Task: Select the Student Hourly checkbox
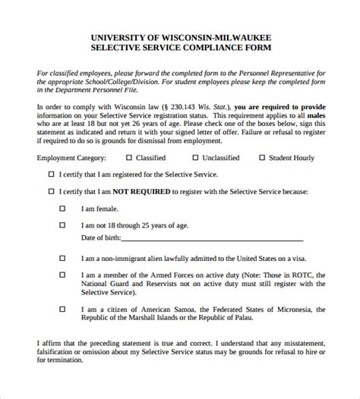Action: click(262, 158)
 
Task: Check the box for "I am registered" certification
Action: click(50, 174)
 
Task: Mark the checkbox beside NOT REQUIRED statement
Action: click(50, 192)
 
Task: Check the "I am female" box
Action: click(63, 207)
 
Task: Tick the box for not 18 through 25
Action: click(63, 225)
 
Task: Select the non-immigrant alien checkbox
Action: click(63, 258)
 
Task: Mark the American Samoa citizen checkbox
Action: click(63, 309)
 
